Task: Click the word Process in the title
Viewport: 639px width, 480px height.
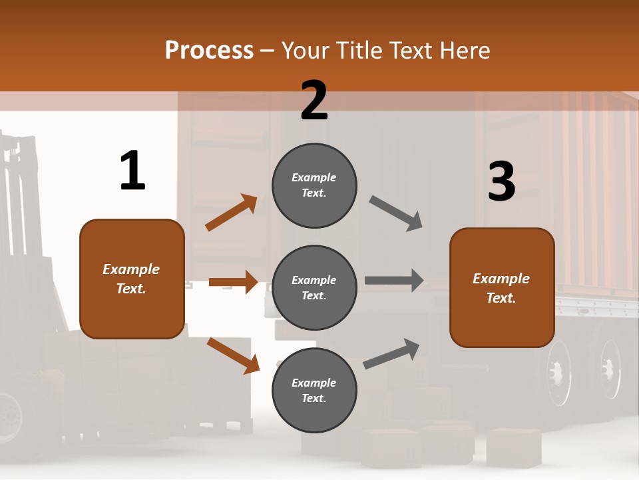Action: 209,51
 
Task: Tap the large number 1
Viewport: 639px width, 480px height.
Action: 132,171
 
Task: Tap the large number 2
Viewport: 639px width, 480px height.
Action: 314,101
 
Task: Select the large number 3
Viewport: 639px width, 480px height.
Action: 501,181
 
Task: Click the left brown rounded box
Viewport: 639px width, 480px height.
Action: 132,279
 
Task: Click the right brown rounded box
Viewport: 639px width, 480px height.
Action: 502,287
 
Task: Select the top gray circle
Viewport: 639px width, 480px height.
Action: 314,185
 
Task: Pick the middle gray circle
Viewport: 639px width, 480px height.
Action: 314,287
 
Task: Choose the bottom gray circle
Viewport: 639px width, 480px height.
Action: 314,390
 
